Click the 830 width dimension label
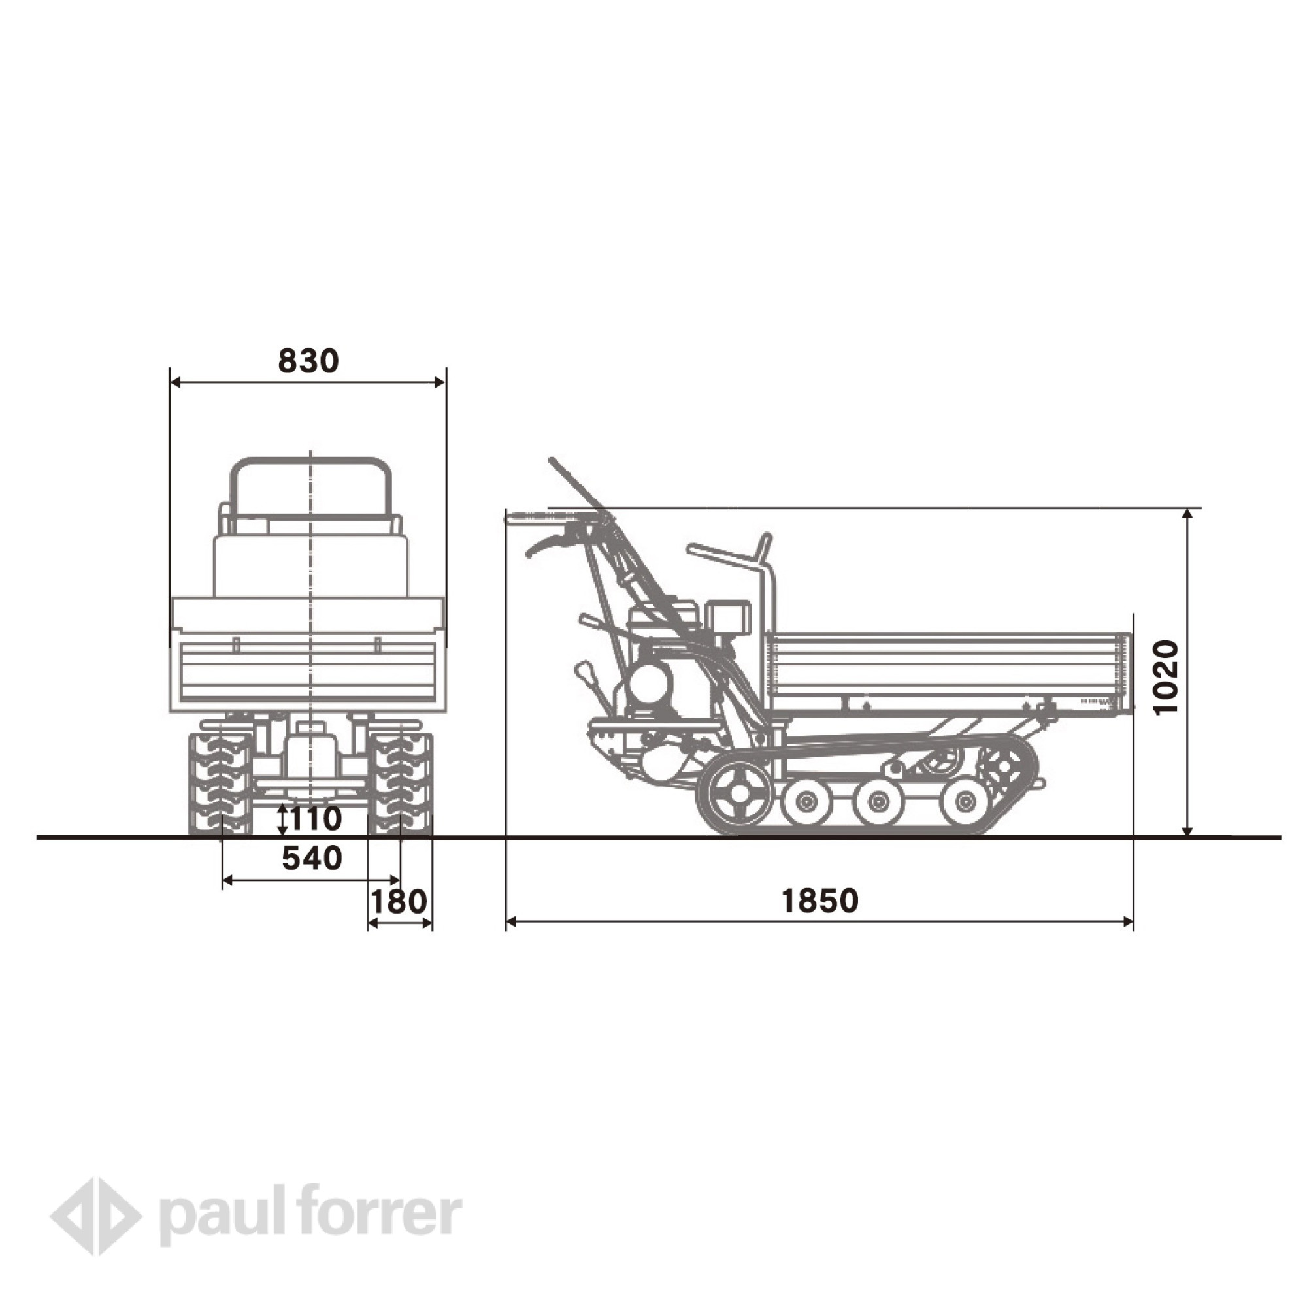pyautogui.click(x=308, y=361)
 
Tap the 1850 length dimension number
pyautogui.click(x=820, y=901)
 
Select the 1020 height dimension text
pyautogui.click(x=1166, y=677)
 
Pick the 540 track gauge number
pyautogui.click(x=312, y=859)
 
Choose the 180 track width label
pyautogui.click(x=399, y=901)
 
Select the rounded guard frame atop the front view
pyautogui.click(x=310, y=484)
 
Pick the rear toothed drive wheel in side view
pyautogui.click(x=1004, y=767)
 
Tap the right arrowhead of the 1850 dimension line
pyautogui.click(x=1128, y=921)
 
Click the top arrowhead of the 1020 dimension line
pyautogui.click(x=1187, y=514)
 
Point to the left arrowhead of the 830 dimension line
pyautogui.click(x=175, y=382)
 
